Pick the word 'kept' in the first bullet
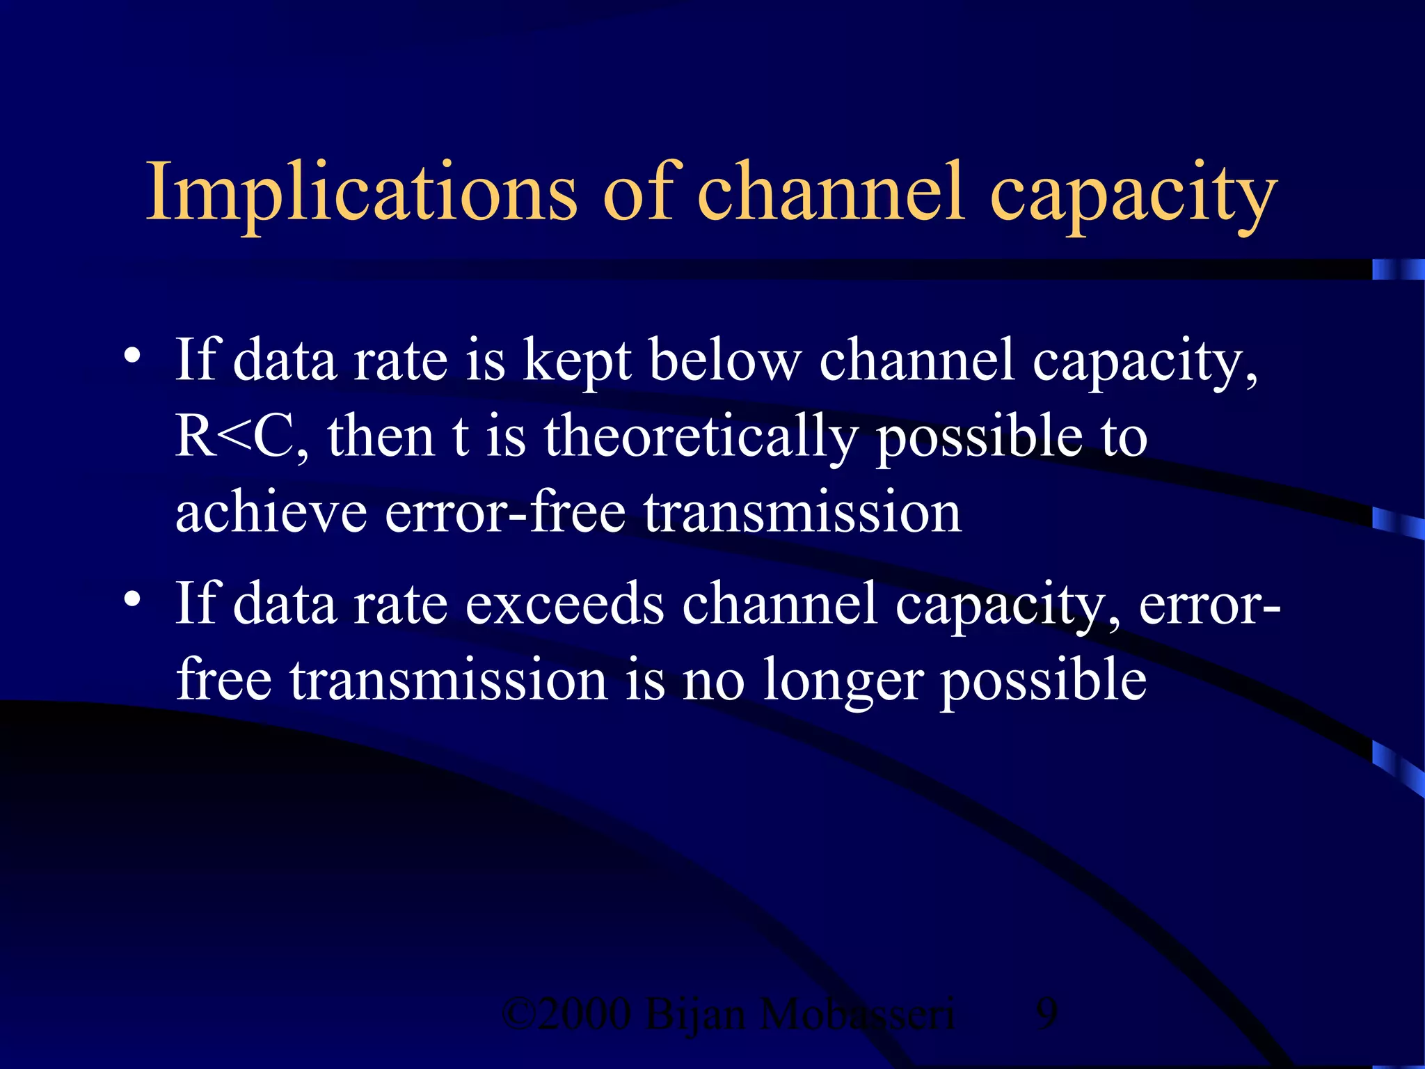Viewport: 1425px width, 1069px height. tap(577, 362)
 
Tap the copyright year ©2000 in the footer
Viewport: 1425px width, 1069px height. tap(566, 1014)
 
